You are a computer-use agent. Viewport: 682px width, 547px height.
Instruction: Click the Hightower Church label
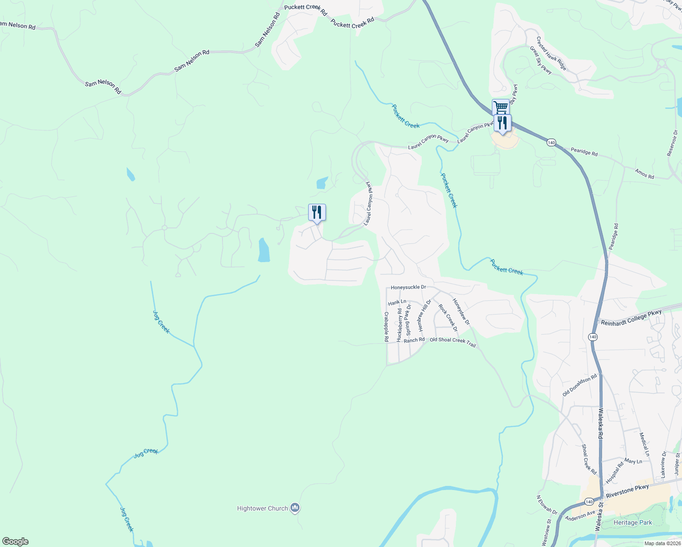coord(262,508)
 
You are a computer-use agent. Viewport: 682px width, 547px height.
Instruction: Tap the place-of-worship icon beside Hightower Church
coord(295,507)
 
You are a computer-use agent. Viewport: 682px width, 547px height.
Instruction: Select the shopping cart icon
coord(501,108)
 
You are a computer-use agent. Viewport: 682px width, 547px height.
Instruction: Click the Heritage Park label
coord(632,522)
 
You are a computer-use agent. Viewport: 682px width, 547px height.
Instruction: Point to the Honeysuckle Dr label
coord(408,287)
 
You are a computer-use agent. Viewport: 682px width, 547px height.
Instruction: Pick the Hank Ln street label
coord(397,302)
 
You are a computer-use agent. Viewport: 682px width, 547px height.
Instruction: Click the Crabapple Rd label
coord(386,327)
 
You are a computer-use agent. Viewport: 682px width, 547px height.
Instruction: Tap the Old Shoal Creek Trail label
coord(453,342)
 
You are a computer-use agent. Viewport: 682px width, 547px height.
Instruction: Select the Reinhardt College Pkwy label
coord(631,318)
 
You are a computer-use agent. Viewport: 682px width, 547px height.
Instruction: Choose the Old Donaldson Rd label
coord(579,385)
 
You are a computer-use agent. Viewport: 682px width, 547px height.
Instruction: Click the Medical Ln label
coord(644,444)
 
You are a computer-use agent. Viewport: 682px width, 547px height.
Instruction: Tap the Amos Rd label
coord(644,173)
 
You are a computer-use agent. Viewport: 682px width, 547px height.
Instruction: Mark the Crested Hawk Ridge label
coord(551,53)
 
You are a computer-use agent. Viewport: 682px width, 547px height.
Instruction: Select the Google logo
coord(15,541)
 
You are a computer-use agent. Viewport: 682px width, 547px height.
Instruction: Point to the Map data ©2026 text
coord(661,543)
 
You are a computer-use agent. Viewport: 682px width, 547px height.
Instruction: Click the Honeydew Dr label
coord(461,311)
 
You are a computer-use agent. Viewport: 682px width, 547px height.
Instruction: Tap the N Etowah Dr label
coord(547,505)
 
